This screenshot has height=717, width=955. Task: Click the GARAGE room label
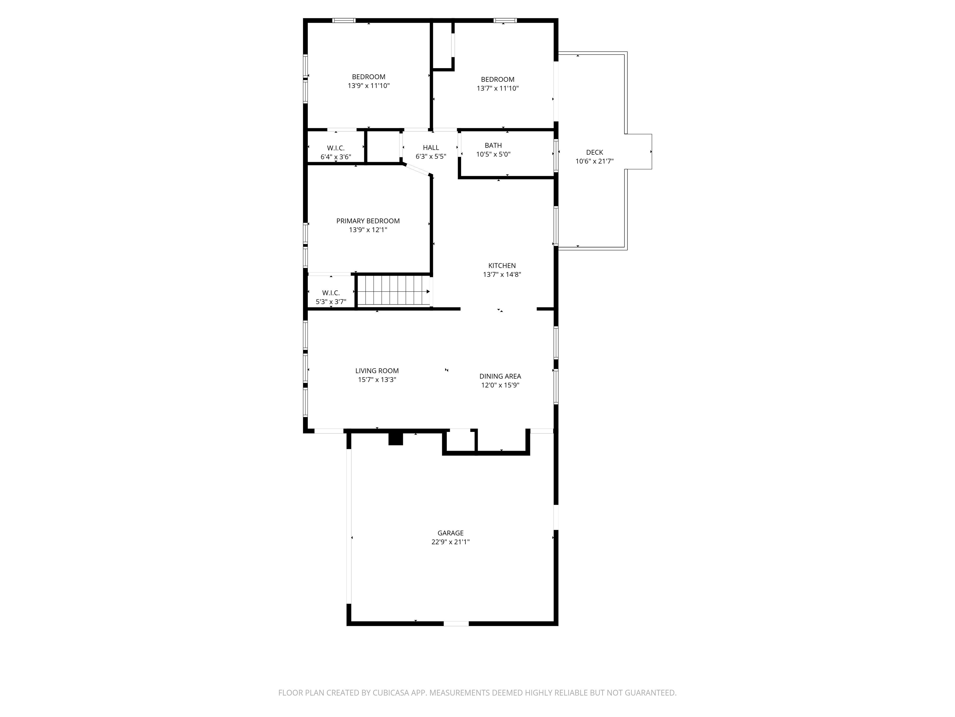tap(450, 533)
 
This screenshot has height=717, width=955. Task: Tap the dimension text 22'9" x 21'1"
tap(450, 542)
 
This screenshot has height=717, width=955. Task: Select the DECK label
tap(594, 152)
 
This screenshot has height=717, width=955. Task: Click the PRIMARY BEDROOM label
tap(368, 221)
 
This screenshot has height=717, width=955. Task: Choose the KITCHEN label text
tap(502, 265)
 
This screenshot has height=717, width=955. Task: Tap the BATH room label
tap(493, 145)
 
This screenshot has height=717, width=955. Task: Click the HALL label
tap(431, 148)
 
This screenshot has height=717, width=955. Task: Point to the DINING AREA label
tap(500, 376)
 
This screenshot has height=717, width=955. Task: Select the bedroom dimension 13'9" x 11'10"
tap(368, 86)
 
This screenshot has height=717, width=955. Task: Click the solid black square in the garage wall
tap(395, 439)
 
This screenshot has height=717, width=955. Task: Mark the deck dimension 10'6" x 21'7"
tap(594, 161)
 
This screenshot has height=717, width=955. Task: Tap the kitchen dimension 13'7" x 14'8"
tap(502, 274)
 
